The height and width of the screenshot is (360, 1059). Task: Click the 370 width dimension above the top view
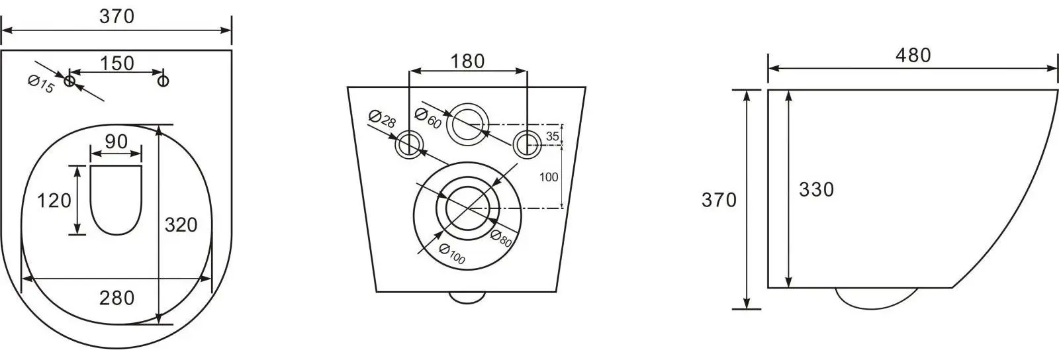[116, 17]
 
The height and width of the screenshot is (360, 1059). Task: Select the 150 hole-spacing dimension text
[117, 63]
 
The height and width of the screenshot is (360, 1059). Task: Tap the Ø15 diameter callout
[41, 85]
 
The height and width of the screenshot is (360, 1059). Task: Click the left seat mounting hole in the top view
[69, 81]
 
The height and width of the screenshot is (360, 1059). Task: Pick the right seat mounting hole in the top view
[163, 81]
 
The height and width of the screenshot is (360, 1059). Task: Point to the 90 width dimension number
[116, 141]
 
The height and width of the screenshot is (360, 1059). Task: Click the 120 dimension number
[54, 201]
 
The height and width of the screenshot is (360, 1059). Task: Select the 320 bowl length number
[181, 225]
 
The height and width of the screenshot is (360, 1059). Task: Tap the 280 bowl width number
[116, 298]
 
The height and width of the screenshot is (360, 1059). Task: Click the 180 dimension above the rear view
[467, 62]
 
